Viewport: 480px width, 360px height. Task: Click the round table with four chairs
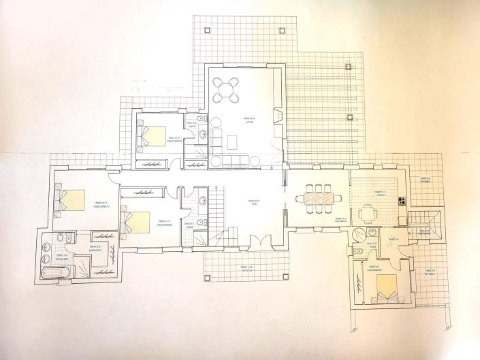(226, 88)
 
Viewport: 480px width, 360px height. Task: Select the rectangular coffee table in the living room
(233, 142)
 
